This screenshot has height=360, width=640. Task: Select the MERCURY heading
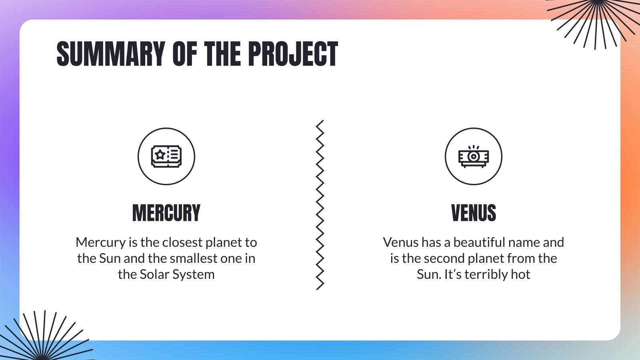(x=166, y=213)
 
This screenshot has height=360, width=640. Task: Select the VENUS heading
(x=473, y=213)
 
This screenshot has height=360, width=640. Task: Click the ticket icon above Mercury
(x=166, y=156)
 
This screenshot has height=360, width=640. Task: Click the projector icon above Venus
(x=473, y=156)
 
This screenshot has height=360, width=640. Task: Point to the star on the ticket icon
(x=160, y=154)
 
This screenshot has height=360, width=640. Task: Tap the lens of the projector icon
(x=473, y=156)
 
